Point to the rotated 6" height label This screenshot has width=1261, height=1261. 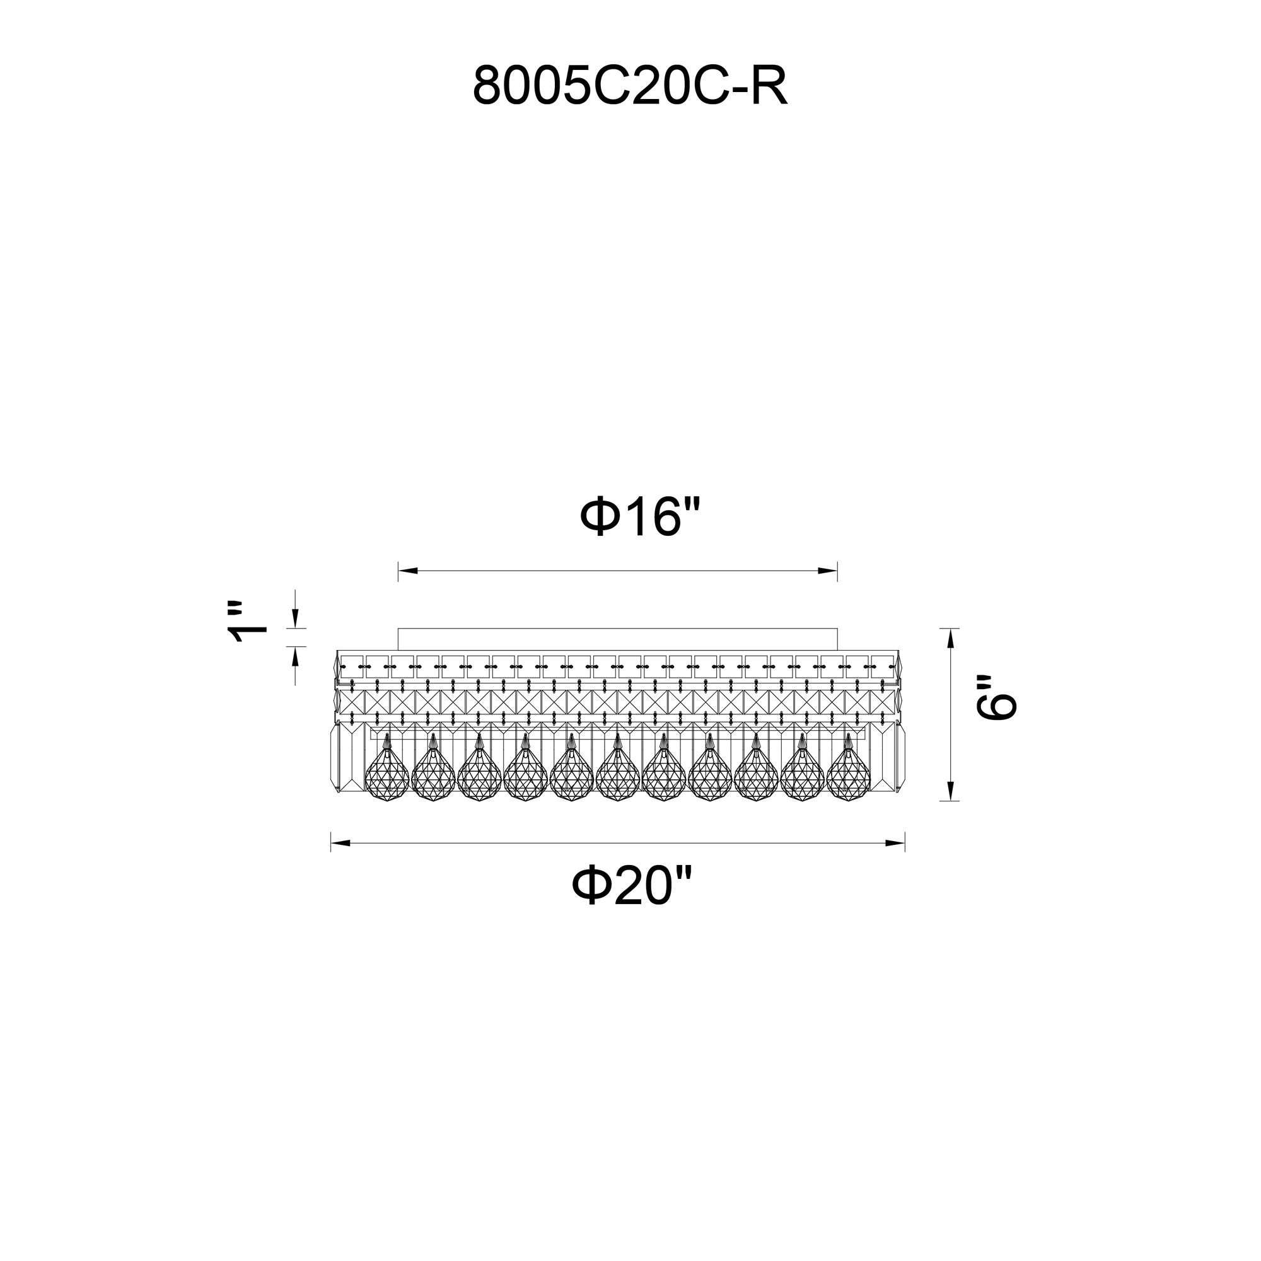tap(997, 697)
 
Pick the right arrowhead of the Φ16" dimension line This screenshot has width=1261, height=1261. tap(828, 571)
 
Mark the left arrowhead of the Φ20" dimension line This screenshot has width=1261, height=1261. tap(340, 843)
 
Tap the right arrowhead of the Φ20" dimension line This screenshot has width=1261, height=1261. tap(895, 843)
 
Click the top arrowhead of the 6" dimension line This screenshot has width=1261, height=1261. tap(950, 638)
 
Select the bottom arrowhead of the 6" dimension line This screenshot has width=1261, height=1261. tap(950, 791)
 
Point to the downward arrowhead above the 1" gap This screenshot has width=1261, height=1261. tap(295, 619)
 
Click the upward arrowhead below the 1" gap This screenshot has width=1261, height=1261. tap(295, 656)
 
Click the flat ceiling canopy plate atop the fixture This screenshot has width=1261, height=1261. tap(617, 639)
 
